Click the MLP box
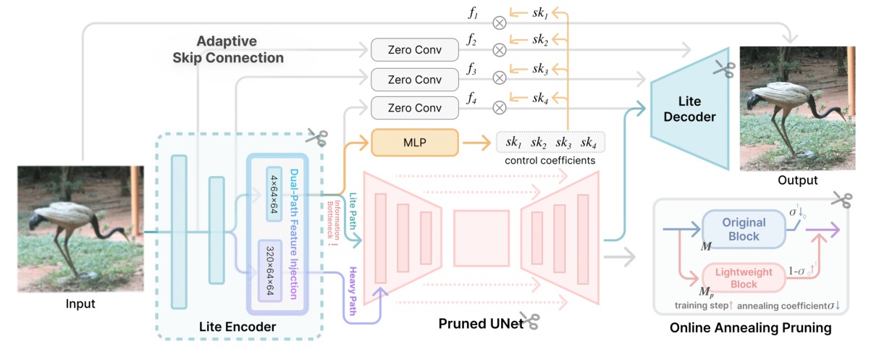coord(415,142)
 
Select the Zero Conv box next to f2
coord(415,50)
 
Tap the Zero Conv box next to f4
coord(415,108)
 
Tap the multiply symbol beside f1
coord(499,22)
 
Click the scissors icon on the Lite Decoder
coord(723,70)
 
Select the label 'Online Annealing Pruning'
coord(750,328)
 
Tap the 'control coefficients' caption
coord(550,160)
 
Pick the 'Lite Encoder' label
coord(237,327)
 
